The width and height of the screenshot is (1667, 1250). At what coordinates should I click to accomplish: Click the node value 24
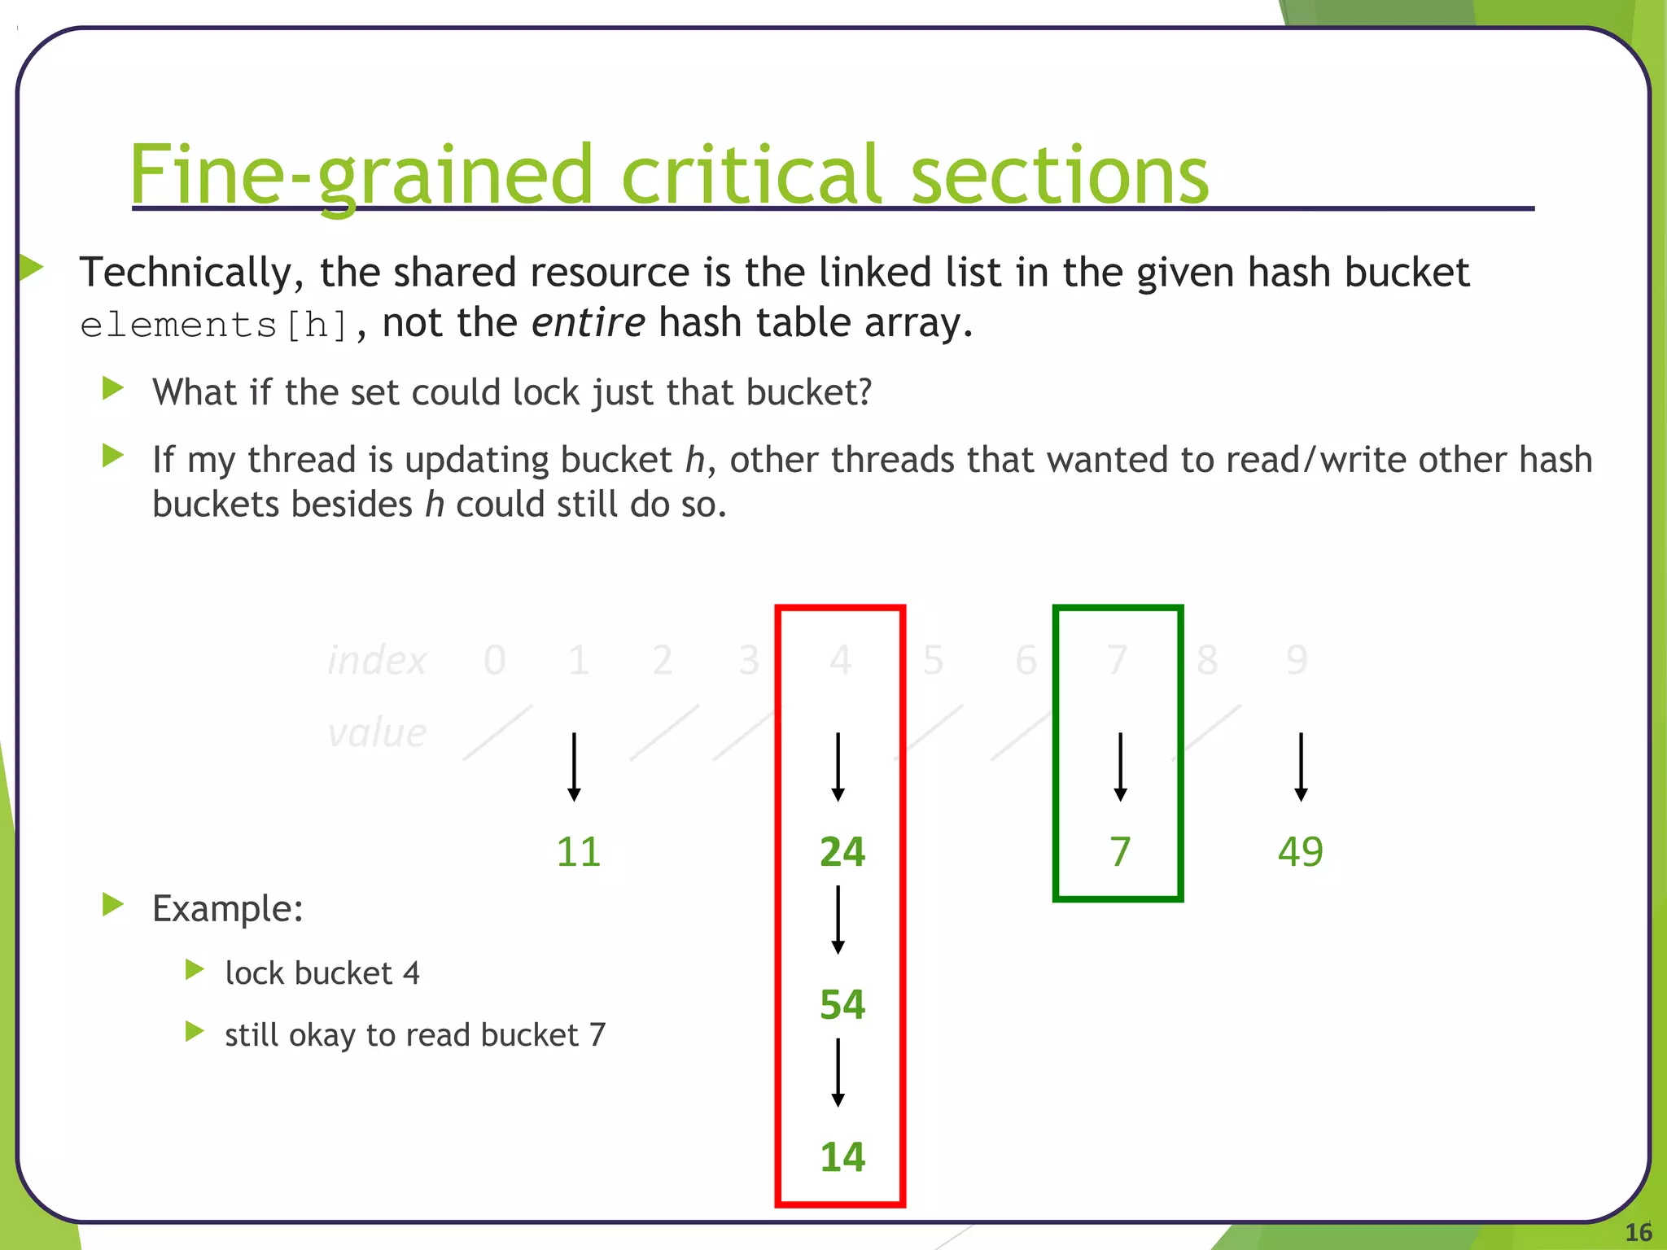842,852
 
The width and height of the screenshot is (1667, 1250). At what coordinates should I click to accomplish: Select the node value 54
842,1004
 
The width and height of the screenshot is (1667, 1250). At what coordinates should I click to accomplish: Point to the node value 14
842,1156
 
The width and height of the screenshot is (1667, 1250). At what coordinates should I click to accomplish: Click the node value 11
579,852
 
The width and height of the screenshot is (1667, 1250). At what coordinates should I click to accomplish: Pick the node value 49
1300,852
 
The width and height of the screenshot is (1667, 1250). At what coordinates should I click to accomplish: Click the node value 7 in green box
1120,852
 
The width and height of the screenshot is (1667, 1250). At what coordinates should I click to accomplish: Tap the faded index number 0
495,659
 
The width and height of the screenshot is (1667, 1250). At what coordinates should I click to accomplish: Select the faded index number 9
1297,659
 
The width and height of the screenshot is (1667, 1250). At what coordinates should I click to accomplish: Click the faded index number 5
933,659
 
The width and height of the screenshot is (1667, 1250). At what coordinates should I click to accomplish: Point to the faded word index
377,659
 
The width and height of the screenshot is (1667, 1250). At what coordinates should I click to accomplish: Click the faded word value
377,732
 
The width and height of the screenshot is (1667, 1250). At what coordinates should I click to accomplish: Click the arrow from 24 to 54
838,920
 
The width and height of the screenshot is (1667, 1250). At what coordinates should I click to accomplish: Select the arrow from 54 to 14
838,1072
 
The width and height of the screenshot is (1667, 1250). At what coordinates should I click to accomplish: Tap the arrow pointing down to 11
574,767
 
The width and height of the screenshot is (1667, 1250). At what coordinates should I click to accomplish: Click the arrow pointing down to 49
1301,767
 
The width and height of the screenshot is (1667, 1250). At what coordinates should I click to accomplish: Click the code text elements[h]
215,325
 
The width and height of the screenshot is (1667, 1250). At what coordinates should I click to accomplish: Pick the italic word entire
588,322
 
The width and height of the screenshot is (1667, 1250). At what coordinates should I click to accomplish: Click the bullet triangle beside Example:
113,904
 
